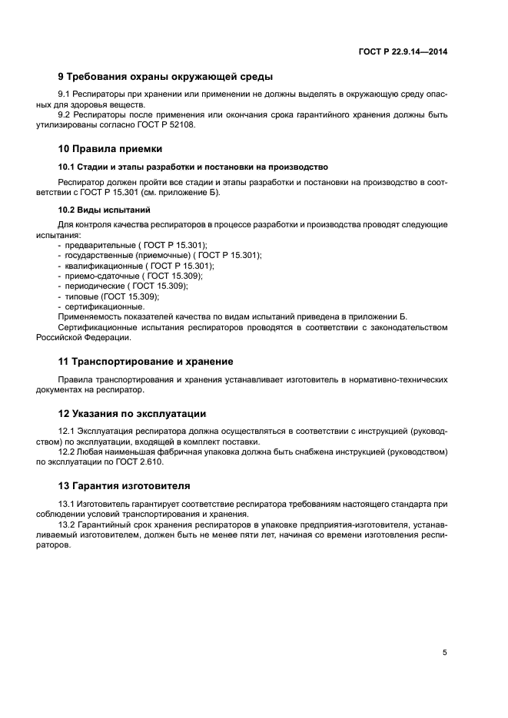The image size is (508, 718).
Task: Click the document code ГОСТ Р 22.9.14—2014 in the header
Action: tap(403, 51)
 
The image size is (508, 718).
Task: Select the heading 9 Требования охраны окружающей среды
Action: tap(165, 76)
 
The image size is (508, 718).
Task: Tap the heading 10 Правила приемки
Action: tap(110, 148)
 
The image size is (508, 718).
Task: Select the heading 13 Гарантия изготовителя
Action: tap(126, 485)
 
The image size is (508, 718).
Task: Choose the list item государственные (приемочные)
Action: tap(161, 255)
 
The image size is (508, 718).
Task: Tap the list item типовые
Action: tap(111, 296)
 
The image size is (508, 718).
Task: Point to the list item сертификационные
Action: tap(105, 306)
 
